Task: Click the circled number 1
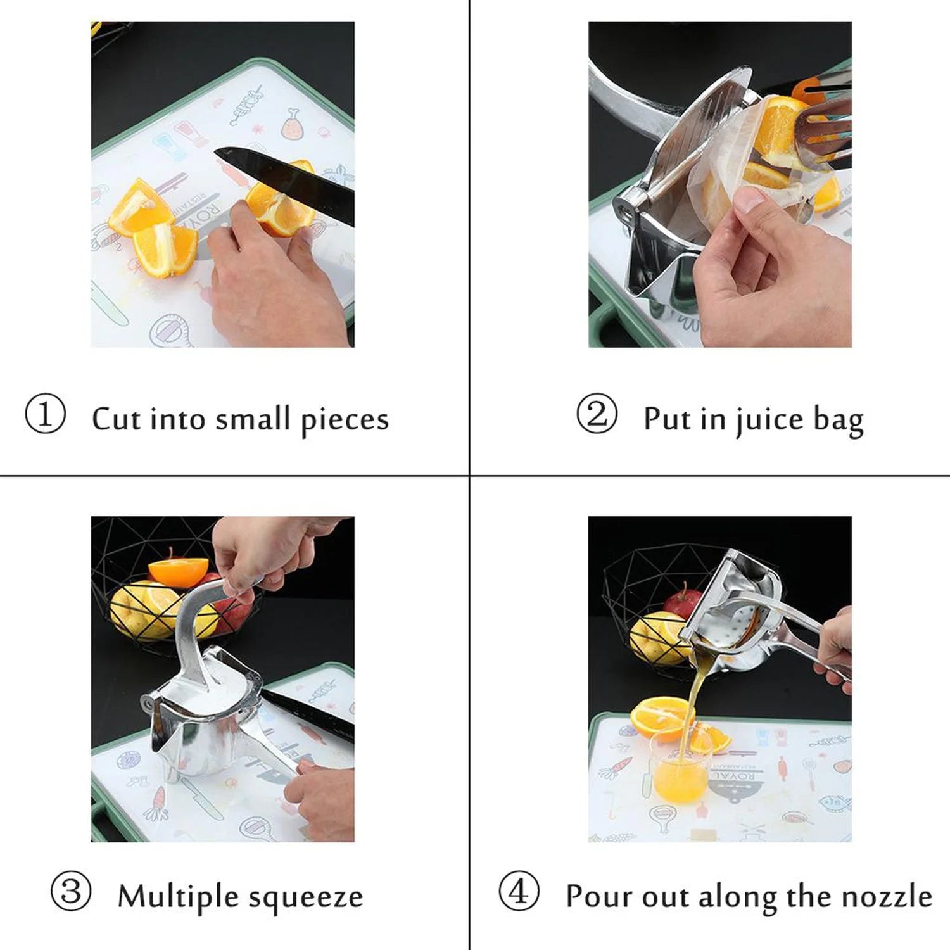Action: (x=45, y=414)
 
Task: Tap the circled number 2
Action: (x=596, y=414)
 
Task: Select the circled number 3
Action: (x=70, y=891)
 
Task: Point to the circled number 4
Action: (x=519, y=891)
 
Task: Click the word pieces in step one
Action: (x=345, y=420)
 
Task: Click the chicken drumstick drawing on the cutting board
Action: (x=292, y=124)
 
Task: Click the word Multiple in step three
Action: (x=177, y=896)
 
